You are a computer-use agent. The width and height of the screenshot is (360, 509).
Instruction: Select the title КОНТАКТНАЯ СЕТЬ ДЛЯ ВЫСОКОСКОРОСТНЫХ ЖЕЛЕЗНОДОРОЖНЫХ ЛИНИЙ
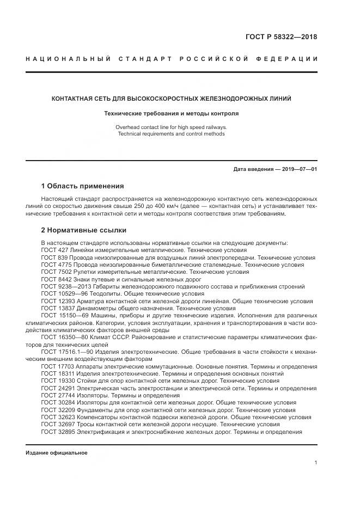171,99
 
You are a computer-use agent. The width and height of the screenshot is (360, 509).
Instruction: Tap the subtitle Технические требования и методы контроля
171,114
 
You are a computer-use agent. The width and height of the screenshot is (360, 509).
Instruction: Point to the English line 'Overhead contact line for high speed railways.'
171,127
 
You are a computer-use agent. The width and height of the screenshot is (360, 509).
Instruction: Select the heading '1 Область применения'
82,186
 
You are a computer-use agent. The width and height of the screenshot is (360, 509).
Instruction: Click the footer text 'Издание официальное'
56,452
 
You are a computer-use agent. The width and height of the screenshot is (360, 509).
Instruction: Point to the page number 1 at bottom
315,462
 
